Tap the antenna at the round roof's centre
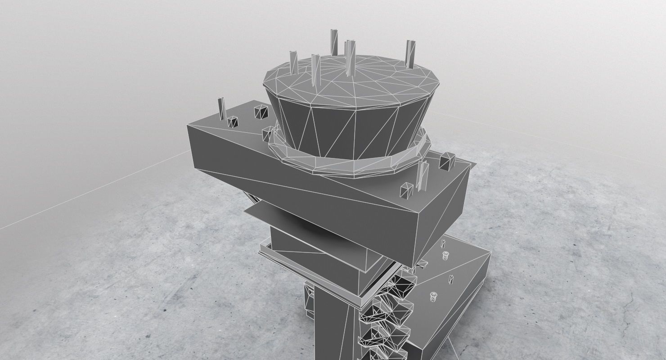[x=350, y=56]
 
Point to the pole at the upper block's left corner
[x=221, y=108]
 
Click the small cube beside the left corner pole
[x=233, y=121]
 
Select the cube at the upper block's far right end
[x=447, y=162]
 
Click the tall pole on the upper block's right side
[x=423, y=178]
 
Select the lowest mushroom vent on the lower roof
[x=433, y=297]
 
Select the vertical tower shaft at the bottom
[x=333, y=328]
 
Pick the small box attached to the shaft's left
[x=310, y=299]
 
